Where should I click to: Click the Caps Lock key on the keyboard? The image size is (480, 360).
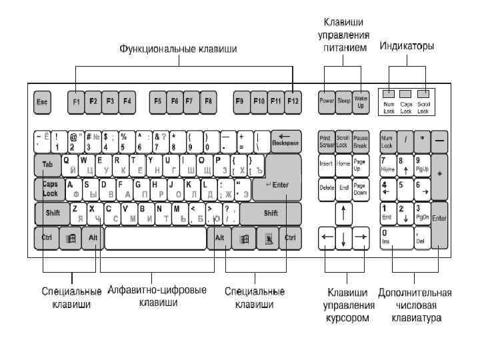(49, 189)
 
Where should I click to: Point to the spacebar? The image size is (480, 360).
(155, 237)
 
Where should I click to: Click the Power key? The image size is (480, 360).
(326, 101)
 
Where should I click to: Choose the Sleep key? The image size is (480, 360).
(343, 101)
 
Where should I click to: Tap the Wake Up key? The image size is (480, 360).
(361, 101)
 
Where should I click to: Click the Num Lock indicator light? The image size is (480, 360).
(389, 94)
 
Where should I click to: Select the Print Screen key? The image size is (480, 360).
(326, 140)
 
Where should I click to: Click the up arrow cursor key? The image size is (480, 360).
(343, 213)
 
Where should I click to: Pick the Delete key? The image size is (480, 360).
(326, 188)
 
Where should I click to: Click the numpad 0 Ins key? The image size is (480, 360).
(395, 237)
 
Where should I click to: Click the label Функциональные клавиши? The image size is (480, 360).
(178, 49)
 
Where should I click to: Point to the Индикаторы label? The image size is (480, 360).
(407, 46)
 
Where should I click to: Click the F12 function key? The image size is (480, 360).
(293, 102)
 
